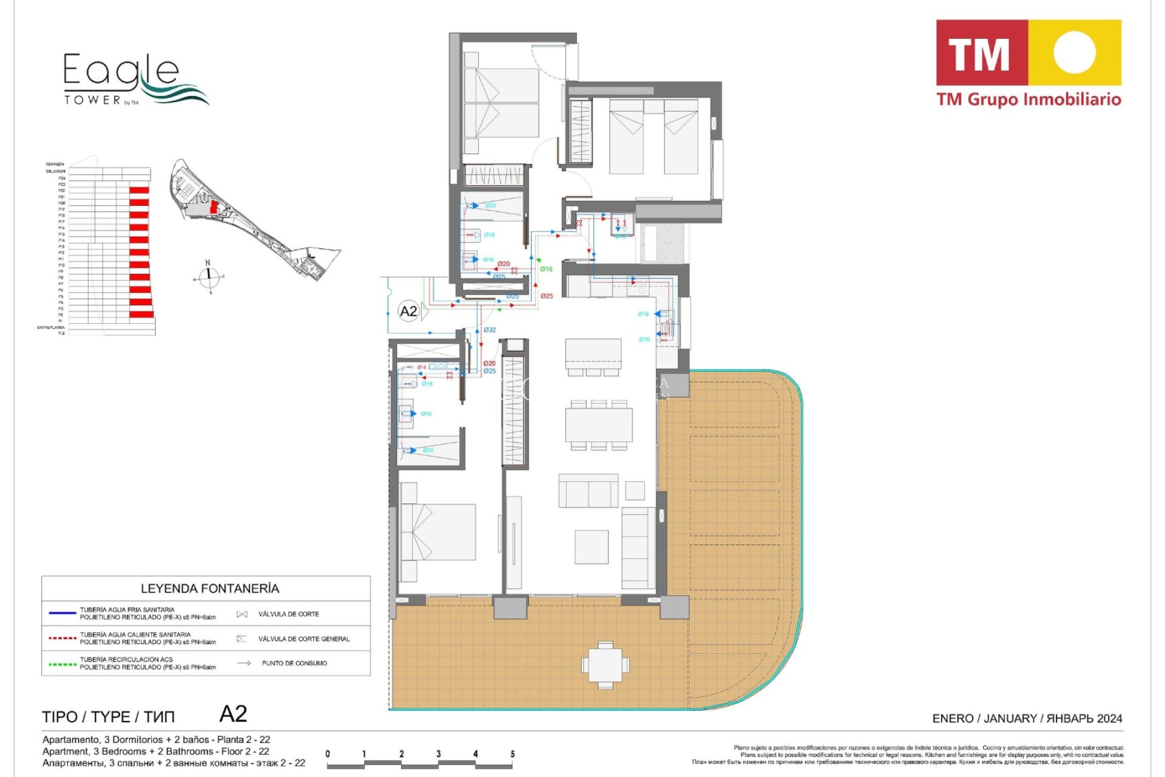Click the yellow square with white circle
[x=1074, y=52]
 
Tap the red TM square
[x=981, y=53]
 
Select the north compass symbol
[x=209, y=277]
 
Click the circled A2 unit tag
[x=408, y=311]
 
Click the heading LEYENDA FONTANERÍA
[x=210, y=588]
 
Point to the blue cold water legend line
[x=62, y=613]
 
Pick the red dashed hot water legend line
[x=62, y=638]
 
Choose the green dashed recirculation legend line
[x=62, y=663]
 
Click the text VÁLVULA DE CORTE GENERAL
[x=303, y=639]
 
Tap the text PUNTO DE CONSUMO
[x=294, y=663]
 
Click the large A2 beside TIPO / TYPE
[x=233, y=714]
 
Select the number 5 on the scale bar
[x=512, y=754]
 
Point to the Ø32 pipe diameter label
[x=490, y=330]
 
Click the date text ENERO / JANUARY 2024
[x=1027, y=719]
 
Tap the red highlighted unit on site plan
[x=214, y=207]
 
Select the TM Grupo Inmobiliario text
[x=1028, y=100]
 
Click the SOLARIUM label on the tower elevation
[x=55, y=171]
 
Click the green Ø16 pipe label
[x=546, y=269]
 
